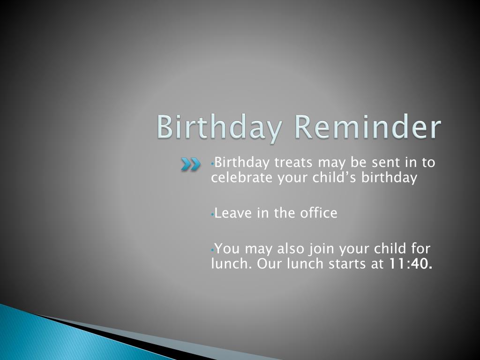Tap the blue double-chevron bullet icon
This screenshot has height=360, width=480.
click(x=190, y=164)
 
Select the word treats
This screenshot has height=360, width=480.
click(x=293, y=163)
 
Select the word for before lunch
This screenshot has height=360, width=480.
click(x=420, y=248)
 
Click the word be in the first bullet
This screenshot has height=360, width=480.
click(x=359, y=162)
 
